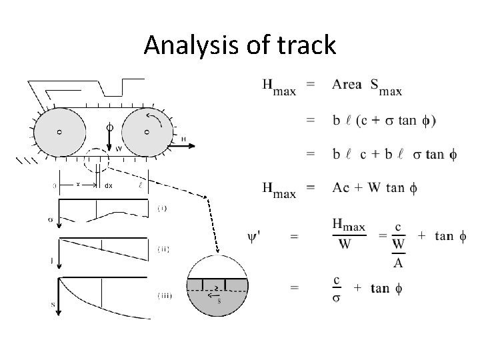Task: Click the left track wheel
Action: [x=59, y=132]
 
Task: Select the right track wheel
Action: [x=146, y=132]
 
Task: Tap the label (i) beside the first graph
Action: [x=162, y=208]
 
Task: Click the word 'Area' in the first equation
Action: [x=347, y=85]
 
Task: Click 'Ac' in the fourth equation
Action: [x=341, y=187]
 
